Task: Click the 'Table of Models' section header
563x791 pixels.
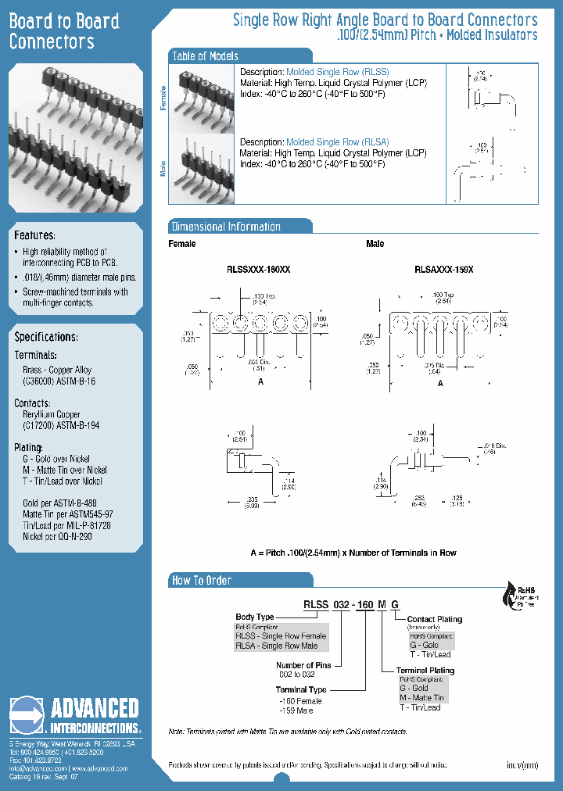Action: click(x=205, y=56)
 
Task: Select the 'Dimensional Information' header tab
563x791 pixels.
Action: click(x=226, y=227)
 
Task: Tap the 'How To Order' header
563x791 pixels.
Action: click(x=202, y=580)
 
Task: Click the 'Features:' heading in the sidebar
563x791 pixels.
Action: click(x=35, y=235)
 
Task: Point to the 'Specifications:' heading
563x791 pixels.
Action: click(x=46, y=337)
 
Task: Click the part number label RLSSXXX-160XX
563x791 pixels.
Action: click(x=258, y=269)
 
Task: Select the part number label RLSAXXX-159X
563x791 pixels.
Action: click(x=443, y=269)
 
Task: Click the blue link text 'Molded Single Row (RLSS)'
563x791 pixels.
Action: click(x=337, y=72)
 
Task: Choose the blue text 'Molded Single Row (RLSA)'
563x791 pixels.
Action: click(x=337, y=142)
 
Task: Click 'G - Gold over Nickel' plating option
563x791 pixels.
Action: click(x=56, y=459)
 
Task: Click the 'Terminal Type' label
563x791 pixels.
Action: click(x=301, y=689)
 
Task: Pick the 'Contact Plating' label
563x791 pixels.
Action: click(x=434, y=619)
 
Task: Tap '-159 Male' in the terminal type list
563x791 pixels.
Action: click(x=296, y=710)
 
